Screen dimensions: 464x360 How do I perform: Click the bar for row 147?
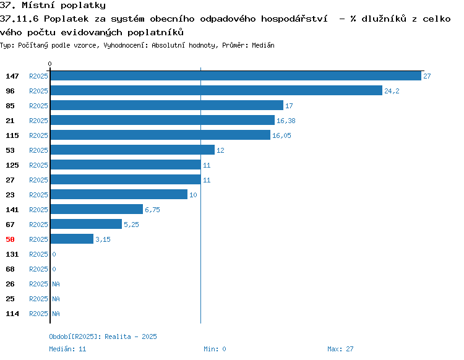(236, 75)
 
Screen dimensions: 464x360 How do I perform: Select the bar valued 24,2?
(217, 90)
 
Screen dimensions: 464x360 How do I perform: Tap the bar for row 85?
(167, 105)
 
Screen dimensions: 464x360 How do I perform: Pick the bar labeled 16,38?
(163, 120)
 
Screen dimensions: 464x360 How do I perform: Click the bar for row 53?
(132, 150)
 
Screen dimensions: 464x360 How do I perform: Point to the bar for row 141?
(97, 209)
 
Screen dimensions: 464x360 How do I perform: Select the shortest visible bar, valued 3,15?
(72, 239)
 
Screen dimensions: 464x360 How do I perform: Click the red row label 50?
(10, 239)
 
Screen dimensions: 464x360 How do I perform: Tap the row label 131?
(12, 254)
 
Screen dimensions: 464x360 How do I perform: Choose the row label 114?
(12, 314)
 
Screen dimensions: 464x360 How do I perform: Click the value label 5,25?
(131, 225)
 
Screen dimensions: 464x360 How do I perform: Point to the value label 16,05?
(281, 135)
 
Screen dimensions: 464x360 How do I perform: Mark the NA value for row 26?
(56, 284)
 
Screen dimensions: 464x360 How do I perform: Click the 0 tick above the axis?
(49, 64)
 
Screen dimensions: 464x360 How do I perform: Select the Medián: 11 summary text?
(67, 349)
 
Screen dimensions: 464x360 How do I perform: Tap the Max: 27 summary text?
(340, 349)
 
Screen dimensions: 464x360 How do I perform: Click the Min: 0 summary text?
(215, 349)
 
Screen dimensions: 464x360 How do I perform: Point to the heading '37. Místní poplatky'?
(53, 5)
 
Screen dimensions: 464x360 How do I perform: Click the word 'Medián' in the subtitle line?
(263, 45)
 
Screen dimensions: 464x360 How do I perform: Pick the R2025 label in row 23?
(38, 195)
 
